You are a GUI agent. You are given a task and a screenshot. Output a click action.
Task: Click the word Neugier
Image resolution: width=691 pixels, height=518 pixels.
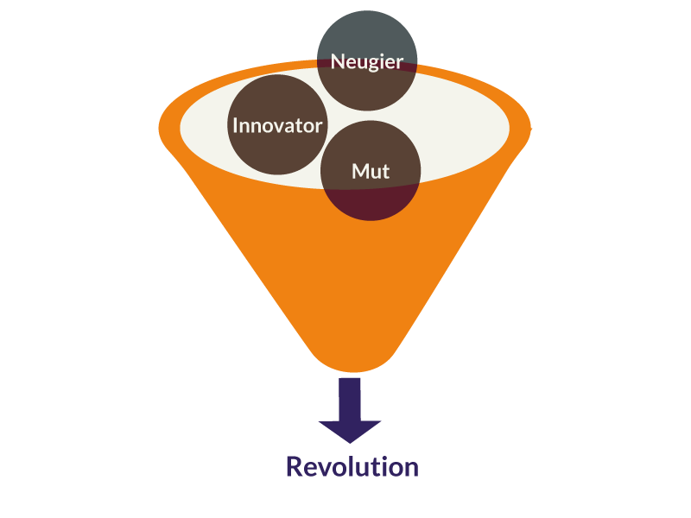coord(367,62)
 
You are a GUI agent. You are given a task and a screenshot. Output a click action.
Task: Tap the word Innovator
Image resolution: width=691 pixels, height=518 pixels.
coord(276,126)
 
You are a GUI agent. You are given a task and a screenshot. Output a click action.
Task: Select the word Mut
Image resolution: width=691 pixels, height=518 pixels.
coord(371,171)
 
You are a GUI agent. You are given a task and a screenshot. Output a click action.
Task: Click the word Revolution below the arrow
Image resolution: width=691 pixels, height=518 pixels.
coord(352,467)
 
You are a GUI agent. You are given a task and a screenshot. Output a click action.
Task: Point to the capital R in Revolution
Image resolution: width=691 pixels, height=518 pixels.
coord(294,467)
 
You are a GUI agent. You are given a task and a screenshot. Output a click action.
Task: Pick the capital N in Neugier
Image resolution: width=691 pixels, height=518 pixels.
coord(338,62)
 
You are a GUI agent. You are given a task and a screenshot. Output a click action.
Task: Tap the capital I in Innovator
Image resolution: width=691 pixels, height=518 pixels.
coord(235,126)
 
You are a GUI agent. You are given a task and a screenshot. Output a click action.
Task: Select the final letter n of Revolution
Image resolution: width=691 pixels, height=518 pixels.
coord(411,469)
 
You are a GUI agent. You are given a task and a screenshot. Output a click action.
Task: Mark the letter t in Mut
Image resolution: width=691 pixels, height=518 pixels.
coord(384,172)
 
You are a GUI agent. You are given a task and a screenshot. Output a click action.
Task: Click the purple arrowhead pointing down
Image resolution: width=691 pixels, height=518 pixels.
coord(350,431)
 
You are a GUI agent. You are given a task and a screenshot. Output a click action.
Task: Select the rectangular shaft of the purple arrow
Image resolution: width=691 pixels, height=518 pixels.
coord(350,397)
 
